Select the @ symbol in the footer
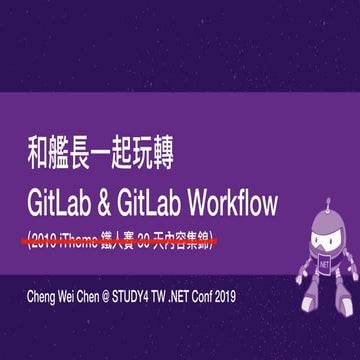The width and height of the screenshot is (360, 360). [x=118, y=297]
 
